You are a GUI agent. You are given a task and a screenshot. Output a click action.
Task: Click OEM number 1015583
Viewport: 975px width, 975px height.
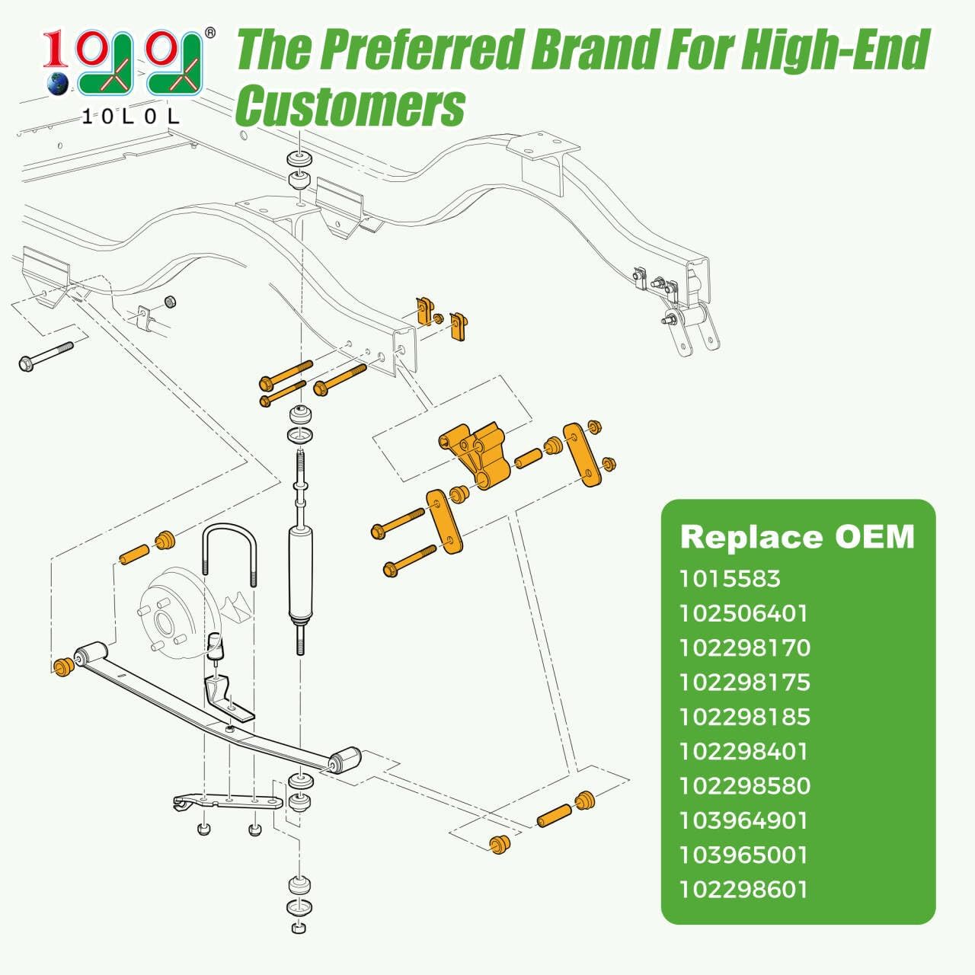[x=730, y=579]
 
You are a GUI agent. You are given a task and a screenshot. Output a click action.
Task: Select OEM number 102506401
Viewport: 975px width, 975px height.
[x=743, y=613]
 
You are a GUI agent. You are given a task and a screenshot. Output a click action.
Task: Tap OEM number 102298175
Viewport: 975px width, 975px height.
[x=745, y=682]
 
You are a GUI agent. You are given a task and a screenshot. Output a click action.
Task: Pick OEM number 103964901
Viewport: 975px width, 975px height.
[x=743, y=820]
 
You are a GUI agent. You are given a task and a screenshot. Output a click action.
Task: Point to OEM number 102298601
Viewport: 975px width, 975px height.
[x=743, y=890]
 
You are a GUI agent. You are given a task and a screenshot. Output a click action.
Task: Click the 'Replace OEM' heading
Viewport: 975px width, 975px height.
[x=798, y=537]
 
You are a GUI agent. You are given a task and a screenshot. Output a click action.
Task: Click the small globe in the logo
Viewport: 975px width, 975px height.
[x=58, y=84]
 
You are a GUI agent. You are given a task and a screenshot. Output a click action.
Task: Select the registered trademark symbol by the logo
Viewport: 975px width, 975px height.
[x=210, y=33]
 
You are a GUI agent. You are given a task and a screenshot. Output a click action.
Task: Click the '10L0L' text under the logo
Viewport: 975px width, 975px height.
[x=130, y=117]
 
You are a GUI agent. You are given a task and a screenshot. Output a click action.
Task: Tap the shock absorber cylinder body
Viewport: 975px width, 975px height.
[x=301, y=573]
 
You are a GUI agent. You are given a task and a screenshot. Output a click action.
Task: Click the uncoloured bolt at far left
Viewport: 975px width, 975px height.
[x=46, y=356]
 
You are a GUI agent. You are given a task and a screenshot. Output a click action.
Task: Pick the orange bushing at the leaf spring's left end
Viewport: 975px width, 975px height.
[x=64, y=666]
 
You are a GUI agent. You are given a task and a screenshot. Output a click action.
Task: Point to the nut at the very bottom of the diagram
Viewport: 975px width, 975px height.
[x=299, y=928]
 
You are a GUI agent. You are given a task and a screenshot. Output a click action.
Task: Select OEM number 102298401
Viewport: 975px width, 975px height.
[x=743, y=751]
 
